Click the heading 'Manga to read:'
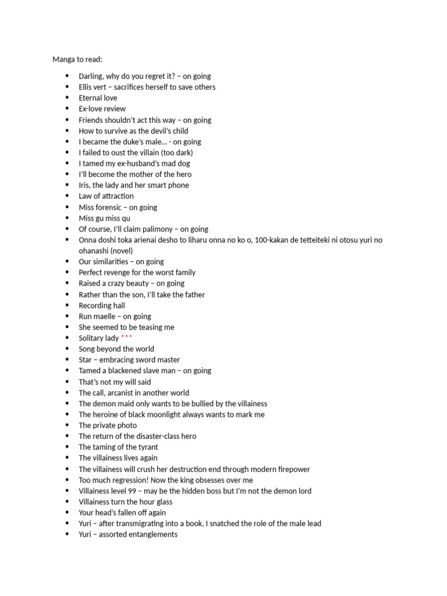77,59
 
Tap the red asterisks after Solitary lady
126,338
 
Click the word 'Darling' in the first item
91,76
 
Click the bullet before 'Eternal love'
68,98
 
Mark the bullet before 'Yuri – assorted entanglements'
68,534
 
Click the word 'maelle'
106,316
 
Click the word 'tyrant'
146,447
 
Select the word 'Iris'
85,185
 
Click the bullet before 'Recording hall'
68,305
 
